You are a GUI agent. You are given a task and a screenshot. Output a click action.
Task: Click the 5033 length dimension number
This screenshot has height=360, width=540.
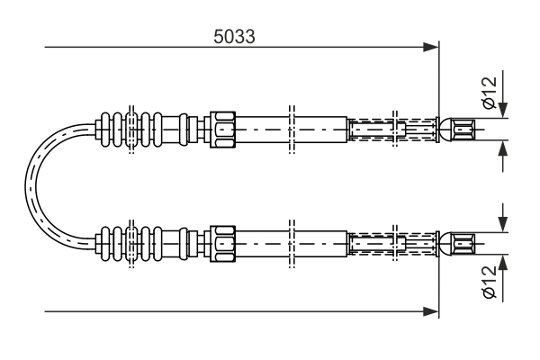pos(234,36)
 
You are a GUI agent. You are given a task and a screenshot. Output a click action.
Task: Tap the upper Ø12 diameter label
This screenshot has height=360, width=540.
pos(490,93)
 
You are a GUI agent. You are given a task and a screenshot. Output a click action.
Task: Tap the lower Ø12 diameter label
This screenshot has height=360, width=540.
pos(490,282)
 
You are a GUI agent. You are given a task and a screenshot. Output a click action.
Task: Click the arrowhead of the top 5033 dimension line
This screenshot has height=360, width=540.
pos(431,47)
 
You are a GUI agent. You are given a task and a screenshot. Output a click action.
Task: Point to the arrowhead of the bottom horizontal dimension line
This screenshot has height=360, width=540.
pos(431,311)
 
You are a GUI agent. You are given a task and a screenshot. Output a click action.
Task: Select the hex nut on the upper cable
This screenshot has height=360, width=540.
pos(223,130)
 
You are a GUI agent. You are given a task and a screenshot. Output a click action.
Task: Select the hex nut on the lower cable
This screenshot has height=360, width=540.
pos(223,244)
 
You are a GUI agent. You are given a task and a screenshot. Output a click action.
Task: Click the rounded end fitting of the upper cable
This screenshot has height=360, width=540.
pos(457,130)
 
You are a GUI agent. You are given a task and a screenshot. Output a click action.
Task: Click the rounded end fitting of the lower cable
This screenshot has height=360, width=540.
pos(457,244)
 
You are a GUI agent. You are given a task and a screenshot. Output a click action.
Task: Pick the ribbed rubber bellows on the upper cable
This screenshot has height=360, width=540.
pos(130,130)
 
